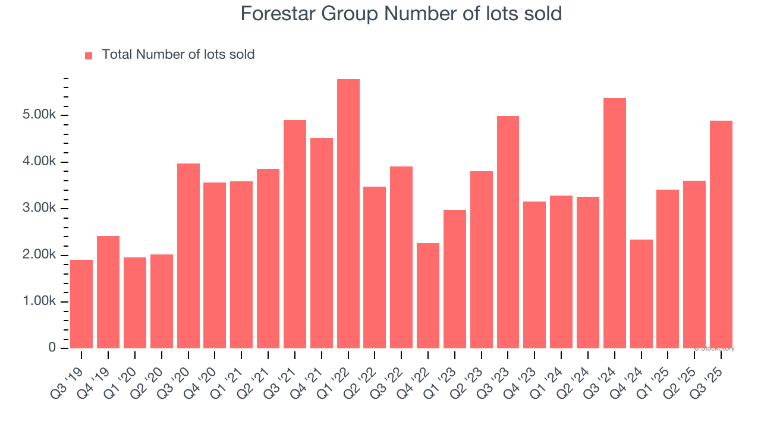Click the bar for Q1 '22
pos(348,213)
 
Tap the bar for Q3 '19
pos(81,304)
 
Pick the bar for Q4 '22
pos(428,295)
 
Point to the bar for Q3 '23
pos(508,232)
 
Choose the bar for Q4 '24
pos(641,294)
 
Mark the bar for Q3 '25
pos(721,234)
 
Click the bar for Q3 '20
pos(188,256)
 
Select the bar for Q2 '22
pos(375,267)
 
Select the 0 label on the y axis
pos(52,348)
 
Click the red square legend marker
pos(89,55)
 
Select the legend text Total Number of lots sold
pos(178,55)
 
